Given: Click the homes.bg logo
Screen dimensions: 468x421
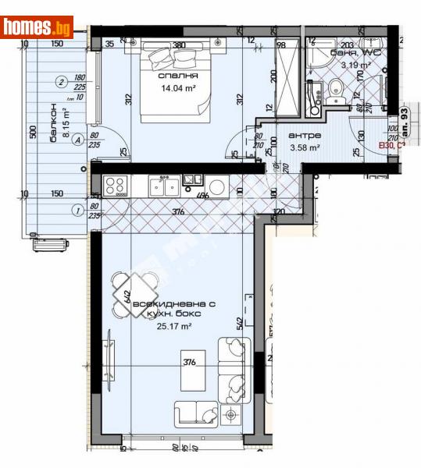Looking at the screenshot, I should point(37,27).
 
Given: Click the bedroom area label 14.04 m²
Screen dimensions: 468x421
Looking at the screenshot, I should point(178,88).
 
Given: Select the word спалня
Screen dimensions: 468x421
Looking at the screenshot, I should point(178,76).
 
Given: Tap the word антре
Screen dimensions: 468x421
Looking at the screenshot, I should point(304,135).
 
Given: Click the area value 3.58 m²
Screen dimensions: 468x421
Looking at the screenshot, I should point(304,147).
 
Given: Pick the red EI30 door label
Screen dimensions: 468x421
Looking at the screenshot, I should point(391,145).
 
